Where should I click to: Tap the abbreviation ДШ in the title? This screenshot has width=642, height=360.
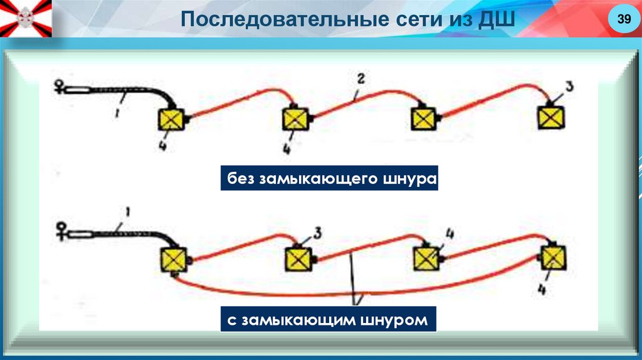[497, 19]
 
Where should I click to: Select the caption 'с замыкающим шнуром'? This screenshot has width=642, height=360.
[327, 320]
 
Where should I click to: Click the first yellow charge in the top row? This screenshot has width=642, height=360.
[171, 119]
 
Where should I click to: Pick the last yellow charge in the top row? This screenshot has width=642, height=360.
[551, 117]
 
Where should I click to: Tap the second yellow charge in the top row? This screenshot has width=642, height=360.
[295, 119]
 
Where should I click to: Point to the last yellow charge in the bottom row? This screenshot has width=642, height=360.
[552, 257]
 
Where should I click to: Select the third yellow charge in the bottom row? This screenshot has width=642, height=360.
[426, 257]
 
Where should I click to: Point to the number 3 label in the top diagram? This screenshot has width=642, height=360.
[569, 87]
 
